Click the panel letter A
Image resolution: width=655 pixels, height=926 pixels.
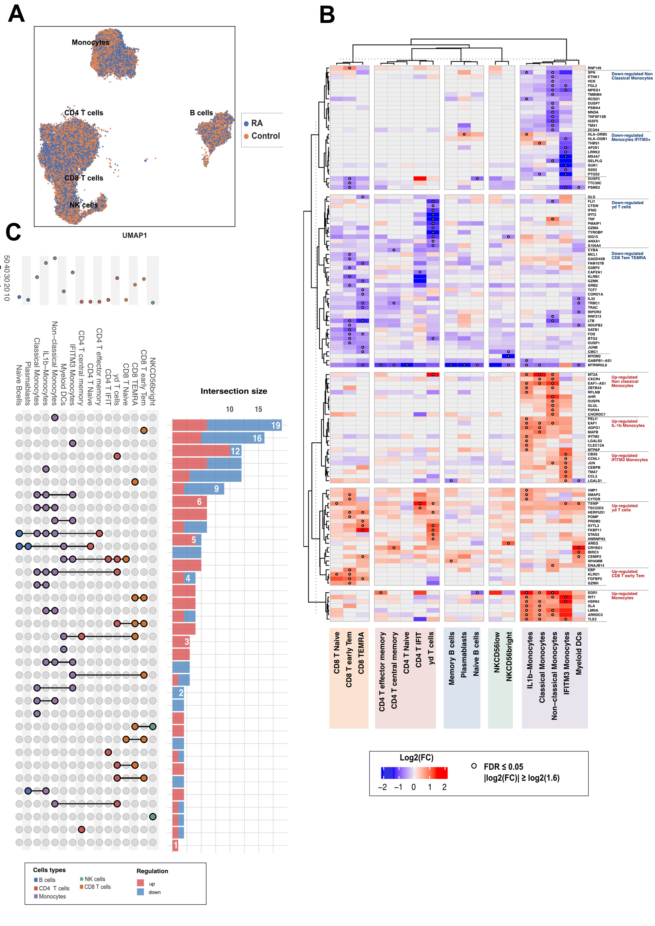[16, 14]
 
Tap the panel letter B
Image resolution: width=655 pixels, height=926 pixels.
[327, 15]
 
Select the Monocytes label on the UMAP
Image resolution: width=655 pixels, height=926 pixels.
[90, 42]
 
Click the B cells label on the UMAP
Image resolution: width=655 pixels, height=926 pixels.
[201, 113]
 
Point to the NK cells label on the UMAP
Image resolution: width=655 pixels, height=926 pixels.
[84, 205]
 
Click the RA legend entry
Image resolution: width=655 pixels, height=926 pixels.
[256, 123]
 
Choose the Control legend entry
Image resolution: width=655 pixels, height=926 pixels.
[265, 136]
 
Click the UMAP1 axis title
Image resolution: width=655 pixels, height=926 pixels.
[134, 235]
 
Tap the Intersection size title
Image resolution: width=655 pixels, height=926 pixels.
[234, 391]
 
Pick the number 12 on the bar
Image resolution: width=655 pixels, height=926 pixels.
[235, 451]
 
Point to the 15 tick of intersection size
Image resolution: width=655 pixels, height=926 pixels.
[258, 409]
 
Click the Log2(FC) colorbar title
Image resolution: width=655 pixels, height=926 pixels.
[416, 757]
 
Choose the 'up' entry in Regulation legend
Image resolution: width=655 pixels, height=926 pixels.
[152, 884]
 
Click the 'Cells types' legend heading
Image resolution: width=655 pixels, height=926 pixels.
[49, 870]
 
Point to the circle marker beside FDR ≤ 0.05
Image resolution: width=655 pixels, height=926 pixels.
[474, 766]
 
